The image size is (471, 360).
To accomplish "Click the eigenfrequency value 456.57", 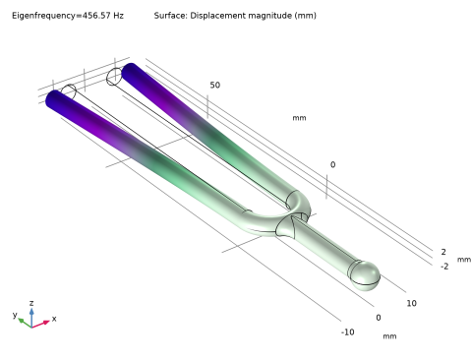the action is click(96, 16).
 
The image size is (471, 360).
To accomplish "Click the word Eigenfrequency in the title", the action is click(43, 16).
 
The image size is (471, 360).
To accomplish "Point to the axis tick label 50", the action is click(215, 86).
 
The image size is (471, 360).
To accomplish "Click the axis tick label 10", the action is click(412, 304).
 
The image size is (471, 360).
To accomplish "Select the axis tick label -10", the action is click(348, 332).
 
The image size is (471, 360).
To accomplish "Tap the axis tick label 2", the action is click(443, 252).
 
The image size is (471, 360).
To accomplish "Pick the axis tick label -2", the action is click(444, 267).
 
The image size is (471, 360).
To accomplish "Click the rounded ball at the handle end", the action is click(366, 275).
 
